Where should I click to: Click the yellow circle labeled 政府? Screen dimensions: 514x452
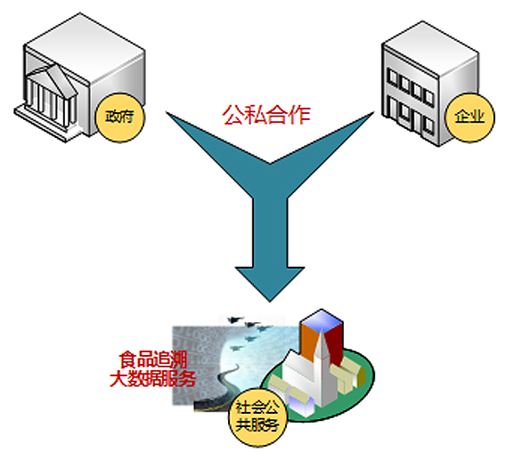point(119,117)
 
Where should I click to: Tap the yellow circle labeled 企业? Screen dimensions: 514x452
point(469,117)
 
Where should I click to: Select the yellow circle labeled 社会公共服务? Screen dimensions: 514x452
point(257,417)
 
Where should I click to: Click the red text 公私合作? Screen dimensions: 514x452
point(266,115)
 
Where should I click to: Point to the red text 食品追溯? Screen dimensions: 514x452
point(153,359)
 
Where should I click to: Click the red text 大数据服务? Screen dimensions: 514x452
point(152,379)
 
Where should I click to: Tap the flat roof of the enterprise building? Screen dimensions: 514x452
point(430,48)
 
